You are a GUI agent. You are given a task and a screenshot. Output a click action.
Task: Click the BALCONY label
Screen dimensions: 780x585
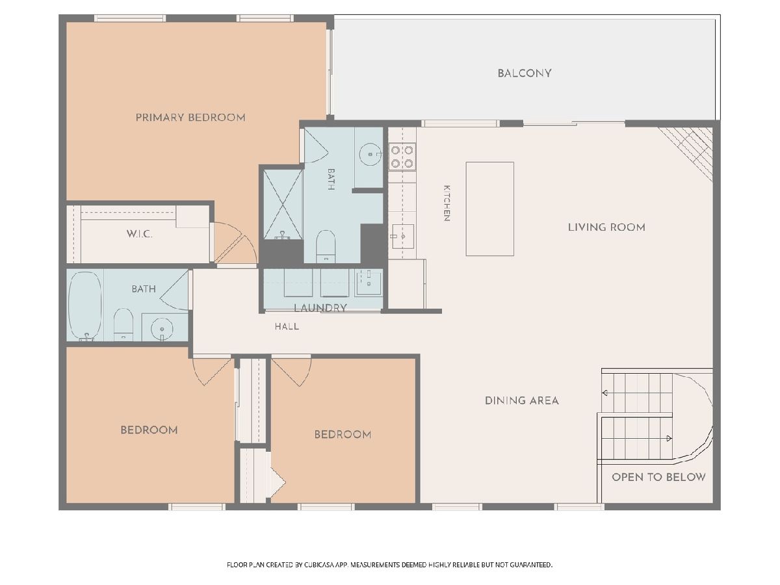click(x=524, y=73)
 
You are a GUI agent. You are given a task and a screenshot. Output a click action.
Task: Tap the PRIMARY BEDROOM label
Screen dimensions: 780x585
click(x=190, y=117)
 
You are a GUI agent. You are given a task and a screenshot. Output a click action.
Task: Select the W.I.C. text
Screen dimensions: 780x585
click(x=139, y=234)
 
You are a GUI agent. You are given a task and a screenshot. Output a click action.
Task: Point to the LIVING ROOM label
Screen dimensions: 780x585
click(x=606, y=227)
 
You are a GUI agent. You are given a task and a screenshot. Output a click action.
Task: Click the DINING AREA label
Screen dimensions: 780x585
click(x=522, y=400)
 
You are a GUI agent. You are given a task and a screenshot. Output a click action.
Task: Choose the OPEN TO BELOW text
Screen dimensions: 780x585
click(x=658, y=477)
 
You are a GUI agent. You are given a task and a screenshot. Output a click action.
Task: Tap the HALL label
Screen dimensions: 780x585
click(x=287, y=326)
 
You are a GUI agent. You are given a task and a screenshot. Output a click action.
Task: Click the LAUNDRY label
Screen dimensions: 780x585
click(x=320, y=307)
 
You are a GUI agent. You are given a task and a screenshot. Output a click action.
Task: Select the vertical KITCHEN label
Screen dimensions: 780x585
click(x=447, y=203)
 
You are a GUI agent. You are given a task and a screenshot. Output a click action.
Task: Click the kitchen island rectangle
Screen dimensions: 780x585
click(x=489, y=209)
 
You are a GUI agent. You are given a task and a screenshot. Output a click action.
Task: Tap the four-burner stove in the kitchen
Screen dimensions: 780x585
click(x=402, y=157)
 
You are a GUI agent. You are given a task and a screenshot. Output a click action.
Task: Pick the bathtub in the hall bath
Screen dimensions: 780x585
click(x=84, y=305)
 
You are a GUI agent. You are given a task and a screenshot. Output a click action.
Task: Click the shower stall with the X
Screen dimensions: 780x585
click(x=283, y=204)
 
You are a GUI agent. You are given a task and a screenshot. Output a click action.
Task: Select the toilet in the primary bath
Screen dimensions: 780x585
click(x=326, y=246)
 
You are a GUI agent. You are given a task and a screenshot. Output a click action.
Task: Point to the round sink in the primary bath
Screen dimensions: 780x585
click(x=370, y=154)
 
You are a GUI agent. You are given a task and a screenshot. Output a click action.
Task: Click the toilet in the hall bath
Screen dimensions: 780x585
click(x=123, y=324)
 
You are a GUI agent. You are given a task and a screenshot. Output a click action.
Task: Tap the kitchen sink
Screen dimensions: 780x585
click(x=402, y=236)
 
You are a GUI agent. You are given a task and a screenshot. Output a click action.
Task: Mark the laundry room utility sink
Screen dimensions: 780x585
click(x=369, y=283)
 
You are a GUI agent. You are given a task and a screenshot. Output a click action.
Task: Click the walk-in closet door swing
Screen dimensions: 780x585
click(x=235, y=242)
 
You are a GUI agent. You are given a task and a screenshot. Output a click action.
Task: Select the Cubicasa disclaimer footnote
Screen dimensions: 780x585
click(x=389, y=565)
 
